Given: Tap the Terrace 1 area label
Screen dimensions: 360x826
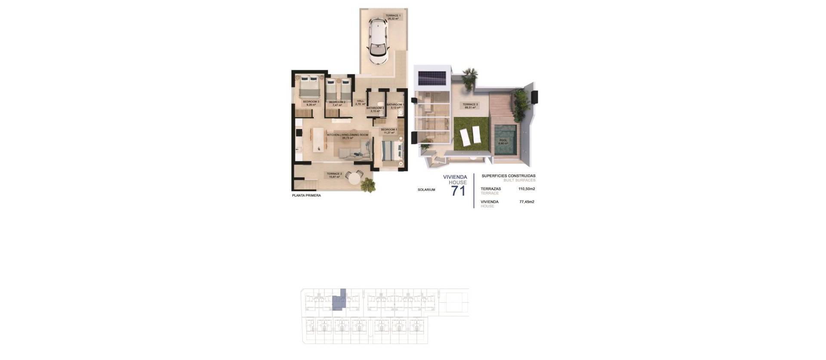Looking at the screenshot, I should pos(393,17).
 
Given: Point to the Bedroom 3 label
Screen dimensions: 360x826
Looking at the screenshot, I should pos(311,103).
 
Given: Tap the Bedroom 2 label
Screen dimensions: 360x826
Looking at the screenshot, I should pos(337,103).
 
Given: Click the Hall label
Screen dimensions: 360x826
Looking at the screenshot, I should pos(361,103).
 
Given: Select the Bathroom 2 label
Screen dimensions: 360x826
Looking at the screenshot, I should pos(376,109).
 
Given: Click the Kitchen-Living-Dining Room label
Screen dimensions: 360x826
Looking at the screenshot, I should pos(348,136).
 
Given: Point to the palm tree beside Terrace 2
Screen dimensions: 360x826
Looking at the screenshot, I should pos(368,185).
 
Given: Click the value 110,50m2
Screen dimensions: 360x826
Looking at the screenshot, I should pos(527,189).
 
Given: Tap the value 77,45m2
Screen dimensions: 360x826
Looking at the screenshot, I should pos(527,202).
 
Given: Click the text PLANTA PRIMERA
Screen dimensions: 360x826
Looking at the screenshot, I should pos(306,196).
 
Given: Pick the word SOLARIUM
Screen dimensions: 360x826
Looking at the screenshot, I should pos(426,190).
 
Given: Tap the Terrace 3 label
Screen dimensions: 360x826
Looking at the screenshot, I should pos(470,105).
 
